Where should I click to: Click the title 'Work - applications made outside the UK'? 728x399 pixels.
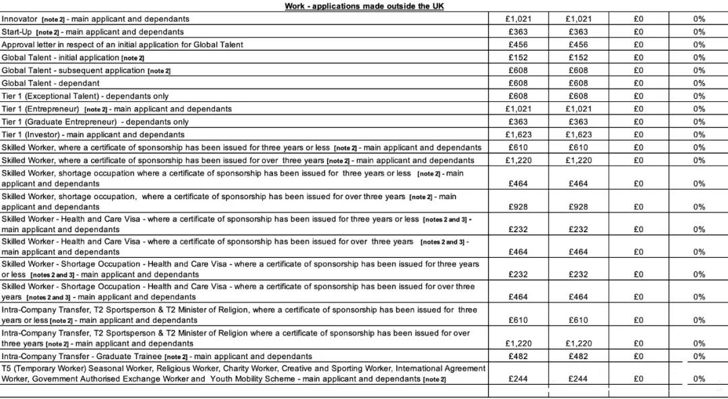pyautogui.click(x=364, y=6)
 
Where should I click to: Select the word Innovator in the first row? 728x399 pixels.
pyautogui.click(x=20, y=19)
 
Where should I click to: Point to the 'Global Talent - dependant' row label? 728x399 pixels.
pyautogui.click(x=50, y=83)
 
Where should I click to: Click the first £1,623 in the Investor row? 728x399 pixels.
pyautogui.click(x=518, y=134)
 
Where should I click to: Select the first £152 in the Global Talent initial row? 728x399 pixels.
pyautogui.click(x=518, y=57)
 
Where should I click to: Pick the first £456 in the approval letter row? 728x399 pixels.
pyautogui.click(x=518, y=45)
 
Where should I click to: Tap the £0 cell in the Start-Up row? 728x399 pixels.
pyautogui.click(x=638, y=32)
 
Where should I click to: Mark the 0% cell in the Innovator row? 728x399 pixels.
pyautogui.click(x=699, y=19)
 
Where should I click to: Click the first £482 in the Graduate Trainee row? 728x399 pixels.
pyautogui.click(x=518, y=356)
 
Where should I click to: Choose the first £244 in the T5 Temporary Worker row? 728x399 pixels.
pyautogui.click(x=518, y=379)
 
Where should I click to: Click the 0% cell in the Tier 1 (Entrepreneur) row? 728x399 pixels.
pyautogui.click(x=699, y=109)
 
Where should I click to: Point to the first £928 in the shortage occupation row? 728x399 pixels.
pyautogui.click(x=518, y=207)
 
